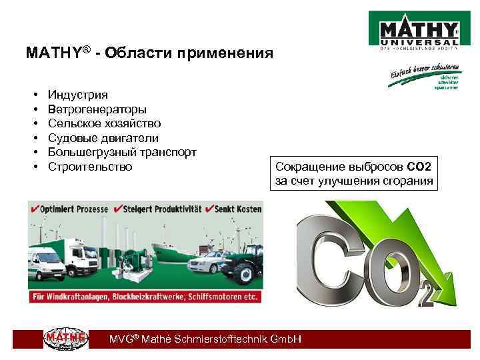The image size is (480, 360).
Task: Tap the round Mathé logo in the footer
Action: pos(65,339)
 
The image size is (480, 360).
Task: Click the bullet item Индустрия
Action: pos(77,95)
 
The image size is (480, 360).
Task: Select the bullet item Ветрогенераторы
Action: pos(97,109)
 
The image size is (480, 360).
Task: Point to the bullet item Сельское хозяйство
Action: pos(104,123)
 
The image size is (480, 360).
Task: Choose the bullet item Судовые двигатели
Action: pos(103,138)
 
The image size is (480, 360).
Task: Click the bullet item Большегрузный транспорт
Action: pos(122,152)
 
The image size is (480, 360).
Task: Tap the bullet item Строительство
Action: pos(90,166)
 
